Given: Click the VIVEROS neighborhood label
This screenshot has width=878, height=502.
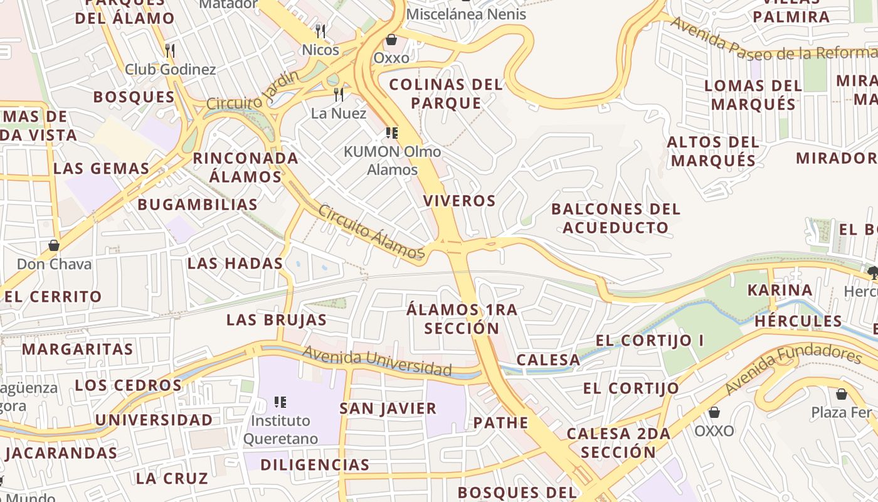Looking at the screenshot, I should [x=459, y=201].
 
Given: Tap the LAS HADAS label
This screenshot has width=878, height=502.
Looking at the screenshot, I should [x=235, y=264].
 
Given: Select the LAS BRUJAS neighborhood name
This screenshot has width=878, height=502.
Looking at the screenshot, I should [x=277, y=320].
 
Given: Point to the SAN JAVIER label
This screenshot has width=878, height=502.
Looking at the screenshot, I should [x=388, y=409].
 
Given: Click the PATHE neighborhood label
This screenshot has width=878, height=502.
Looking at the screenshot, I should [x=500, y=422].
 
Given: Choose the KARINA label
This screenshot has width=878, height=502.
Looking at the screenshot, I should [x=780, y=290].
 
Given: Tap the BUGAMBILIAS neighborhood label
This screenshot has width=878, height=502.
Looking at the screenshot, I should [x=198, y=205].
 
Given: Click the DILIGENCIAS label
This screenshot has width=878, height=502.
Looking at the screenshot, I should [x=315, y=465].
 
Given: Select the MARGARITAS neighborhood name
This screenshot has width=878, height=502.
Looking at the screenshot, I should [x=78, y=349].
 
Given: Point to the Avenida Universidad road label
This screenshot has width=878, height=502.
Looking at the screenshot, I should [x=376, y=361].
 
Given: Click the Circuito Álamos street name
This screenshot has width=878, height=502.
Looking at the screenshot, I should [x=371, y=232].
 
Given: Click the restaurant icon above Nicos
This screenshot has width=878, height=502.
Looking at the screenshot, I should [x=320, y=31].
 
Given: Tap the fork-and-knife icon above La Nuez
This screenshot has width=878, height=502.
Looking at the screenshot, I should [x=339, y=94].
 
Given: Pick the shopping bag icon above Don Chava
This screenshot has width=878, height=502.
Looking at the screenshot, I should [x=54, y=245].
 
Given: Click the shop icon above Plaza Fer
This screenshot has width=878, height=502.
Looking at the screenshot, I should [x=842, y=394].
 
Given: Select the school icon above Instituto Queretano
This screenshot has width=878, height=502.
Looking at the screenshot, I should [x=280, y=402].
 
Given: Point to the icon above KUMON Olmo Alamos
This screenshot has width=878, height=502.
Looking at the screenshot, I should [x=392, y=133].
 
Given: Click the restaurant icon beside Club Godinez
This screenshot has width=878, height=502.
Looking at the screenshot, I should [x=169, y=50].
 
